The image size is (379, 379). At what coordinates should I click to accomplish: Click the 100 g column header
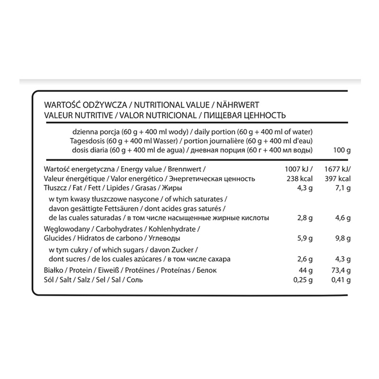341,151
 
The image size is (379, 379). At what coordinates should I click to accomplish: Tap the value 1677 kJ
337,170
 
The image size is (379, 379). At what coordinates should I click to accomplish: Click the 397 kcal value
338,179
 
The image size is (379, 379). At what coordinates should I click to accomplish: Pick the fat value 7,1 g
342,189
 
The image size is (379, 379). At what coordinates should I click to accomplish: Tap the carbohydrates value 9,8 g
342,238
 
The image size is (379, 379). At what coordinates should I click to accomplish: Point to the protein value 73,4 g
340,270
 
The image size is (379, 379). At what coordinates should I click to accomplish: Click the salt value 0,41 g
340,280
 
